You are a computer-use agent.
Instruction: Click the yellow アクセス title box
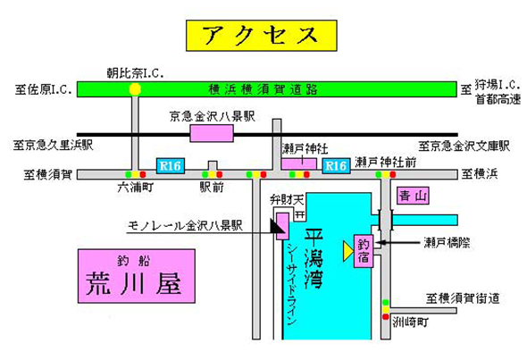(262, 36)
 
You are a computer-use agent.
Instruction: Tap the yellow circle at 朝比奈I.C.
(135, 89)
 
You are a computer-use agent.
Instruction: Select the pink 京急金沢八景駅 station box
(212, 133)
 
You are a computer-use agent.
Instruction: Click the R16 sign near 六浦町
(171, 166)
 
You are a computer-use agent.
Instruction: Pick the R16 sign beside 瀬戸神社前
(336, 166)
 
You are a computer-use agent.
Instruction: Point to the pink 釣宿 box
(364, 251)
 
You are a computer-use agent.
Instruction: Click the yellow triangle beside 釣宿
(348, 251)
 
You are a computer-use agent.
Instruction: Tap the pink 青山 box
(413, 196)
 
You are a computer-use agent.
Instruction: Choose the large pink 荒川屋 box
(137, 276)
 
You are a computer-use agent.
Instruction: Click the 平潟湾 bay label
(314, 258)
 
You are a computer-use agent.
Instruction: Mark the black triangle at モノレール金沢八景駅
(278, 226)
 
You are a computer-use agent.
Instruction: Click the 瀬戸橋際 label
(447, 242)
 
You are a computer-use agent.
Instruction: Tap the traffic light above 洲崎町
(386, 310)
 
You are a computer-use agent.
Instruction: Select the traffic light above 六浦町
(136, 174)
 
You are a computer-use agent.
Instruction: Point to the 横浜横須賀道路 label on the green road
(263, 89)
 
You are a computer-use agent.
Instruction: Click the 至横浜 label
(480, 174)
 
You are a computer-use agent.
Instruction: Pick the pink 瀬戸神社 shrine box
(299, 163)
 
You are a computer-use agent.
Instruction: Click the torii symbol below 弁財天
(300, 214)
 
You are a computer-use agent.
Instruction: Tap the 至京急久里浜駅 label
(53, 146)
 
